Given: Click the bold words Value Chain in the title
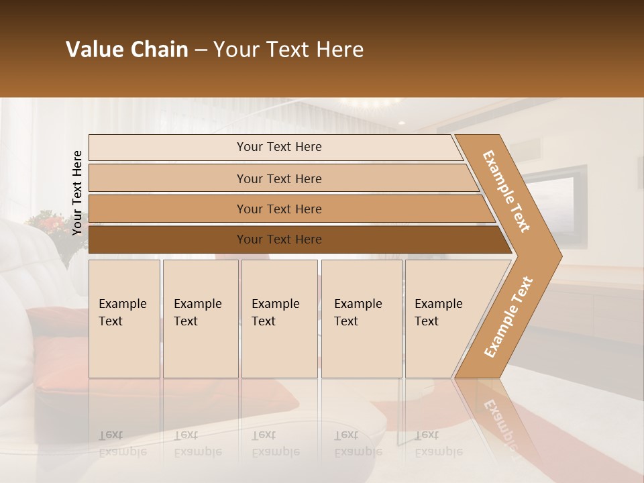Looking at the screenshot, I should pos(127,50).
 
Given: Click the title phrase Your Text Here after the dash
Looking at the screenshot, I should pos(288,50).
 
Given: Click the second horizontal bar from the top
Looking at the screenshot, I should pos(279,178).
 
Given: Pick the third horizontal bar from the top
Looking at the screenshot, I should pos(279,209).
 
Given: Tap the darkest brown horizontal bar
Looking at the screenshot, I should pos(279,239).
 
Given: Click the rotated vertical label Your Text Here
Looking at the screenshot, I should pos(77,193).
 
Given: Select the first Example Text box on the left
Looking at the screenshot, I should pos(124,319).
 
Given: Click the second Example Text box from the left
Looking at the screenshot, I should pos(200,319).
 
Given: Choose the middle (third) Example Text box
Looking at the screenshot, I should pos(279,319).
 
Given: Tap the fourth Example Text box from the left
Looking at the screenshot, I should pos(361,319).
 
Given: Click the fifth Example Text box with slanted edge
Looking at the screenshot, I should pos(443,319).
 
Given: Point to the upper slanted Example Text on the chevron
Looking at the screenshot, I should pos(507,191).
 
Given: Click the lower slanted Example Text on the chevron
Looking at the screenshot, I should pos(508,317).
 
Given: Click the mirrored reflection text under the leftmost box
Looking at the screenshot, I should pos(123,443).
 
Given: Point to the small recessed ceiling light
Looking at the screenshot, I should pos(401,123).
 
